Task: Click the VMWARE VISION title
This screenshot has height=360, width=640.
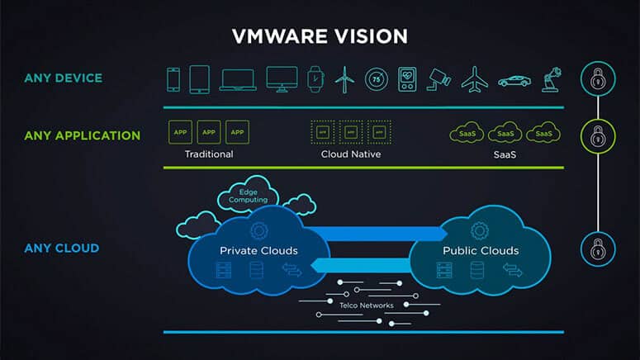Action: click(x=319, y=36)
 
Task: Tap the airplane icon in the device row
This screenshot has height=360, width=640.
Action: click(x=474, y=79)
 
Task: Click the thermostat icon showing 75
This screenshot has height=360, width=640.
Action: click(x=377, y=79)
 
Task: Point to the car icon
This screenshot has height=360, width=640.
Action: click(x=514, y=81)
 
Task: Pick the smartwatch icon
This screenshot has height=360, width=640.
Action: click(x=315, y=79)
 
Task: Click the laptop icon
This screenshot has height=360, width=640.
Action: click(x=238, y=80)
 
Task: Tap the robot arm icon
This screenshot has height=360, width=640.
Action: click(x=549, y=79)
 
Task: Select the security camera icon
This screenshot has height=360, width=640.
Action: click(x=439, y=79)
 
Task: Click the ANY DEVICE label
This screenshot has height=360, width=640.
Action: click(x=63, y=79)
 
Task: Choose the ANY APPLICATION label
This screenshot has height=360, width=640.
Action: click(x=82, y=135)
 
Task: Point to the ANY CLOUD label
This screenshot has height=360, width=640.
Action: click(x=61, y=248)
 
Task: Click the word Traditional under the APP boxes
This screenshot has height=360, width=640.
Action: click(x=209, y=154)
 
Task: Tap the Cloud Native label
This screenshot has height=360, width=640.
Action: click(x=352, y=154)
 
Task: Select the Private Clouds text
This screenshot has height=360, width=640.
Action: click(x=258, y=250)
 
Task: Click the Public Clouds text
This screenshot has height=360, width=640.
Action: click(x=481, y=250)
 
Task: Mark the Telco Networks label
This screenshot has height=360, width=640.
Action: click(x=365, y=305)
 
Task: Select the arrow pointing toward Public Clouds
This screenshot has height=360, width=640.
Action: click(x=372, y=233)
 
